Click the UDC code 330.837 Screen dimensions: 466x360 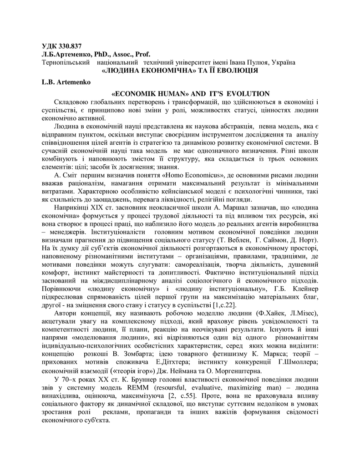click(68, 46)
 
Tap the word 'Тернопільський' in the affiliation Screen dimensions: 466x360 click(65, 62)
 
